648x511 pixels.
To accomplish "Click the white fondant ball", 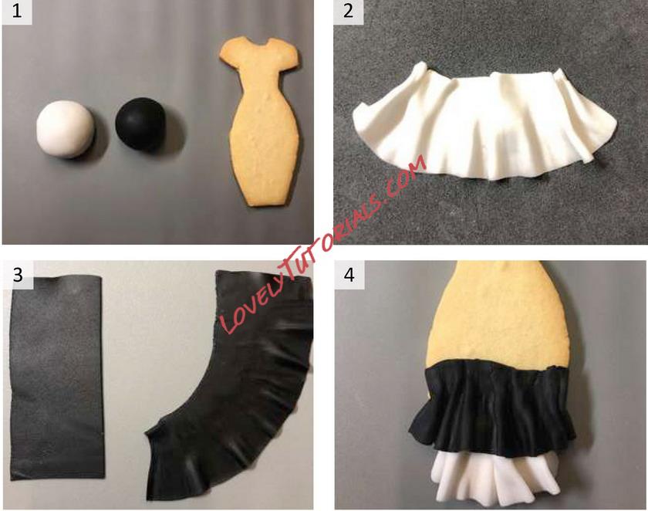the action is click(x=65, y=129).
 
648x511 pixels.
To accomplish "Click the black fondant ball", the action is click(x=140, y=124).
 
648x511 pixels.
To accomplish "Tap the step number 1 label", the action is click(x=17, y=11).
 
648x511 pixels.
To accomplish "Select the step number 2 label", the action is click(x=349, y=11).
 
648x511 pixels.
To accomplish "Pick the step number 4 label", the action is click(x=349, y=274).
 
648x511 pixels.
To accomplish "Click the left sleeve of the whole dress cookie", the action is click(x=227, y=54).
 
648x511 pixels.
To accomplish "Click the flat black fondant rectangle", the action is click(x=56, y=377).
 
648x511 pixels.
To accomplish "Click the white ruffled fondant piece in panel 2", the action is click(x=484, y=122).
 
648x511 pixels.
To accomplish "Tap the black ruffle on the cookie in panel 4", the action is click(x=492, y=408).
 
